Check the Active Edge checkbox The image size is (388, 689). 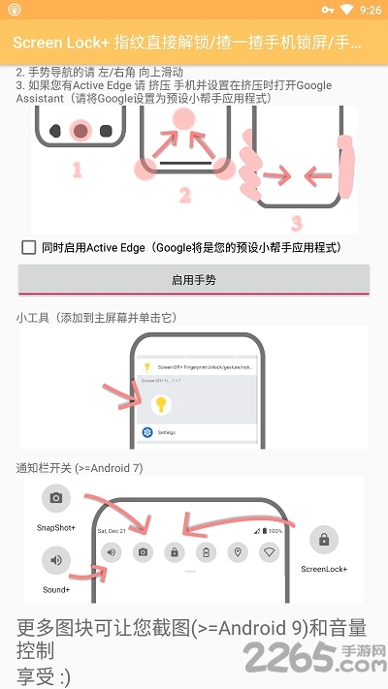(29, 247)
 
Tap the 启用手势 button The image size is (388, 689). (194, 279)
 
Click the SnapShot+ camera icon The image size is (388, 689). (56, 498)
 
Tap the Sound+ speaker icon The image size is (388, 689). (56, 560)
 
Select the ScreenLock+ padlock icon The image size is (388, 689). (323, 540)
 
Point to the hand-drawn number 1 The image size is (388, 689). (77, 171)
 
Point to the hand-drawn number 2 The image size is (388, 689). (184, 195)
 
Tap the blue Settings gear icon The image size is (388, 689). (147, 432)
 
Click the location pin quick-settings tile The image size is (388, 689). (238, 552)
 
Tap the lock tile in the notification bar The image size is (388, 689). (175, 552)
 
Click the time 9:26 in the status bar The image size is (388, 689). (370, 10)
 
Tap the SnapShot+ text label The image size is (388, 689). (56, 528)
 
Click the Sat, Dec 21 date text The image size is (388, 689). (113, 532)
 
